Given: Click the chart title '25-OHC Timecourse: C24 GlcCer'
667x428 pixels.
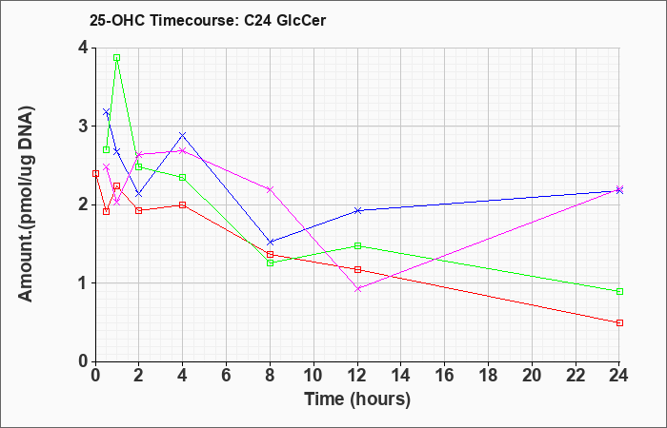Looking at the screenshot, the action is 208,20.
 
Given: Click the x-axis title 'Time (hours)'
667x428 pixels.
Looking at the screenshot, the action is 357,399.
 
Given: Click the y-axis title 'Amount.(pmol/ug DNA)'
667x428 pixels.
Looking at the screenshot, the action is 27,204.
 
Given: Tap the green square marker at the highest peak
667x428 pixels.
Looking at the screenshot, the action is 116,57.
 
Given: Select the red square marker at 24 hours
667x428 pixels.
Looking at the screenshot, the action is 619,322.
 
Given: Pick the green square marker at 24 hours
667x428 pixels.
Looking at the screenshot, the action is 619,291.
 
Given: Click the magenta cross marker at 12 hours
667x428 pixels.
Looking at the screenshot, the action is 357,289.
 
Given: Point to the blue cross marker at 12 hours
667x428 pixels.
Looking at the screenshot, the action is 357,210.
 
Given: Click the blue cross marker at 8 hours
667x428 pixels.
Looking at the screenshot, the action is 270,242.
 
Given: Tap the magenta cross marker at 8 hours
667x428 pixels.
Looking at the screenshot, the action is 270,189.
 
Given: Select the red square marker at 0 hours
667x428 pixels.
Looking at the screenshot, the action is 95,173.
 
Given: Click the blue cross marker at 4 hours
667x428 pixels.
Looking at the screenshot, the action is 183,135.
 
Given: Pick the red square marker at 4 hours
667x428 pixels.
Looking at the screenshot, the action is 183,204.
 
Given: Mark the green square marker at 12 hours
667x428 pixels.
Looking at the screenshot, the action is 357,245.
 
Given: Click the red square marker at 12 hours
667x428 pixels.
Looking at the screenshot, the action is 357,269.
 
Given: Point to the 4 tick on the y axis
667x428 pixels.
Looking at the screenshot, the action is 93,48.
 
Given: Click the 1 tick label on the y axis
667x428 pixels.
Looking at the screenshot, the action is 83,283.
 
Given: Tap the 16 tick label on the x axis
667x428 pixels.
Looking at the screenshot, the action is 445,375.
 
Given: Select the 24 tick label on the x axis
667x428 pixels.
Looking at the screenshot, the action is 619,375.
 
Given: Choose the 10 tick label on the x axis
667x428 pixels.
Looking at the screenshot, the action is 313,375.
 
